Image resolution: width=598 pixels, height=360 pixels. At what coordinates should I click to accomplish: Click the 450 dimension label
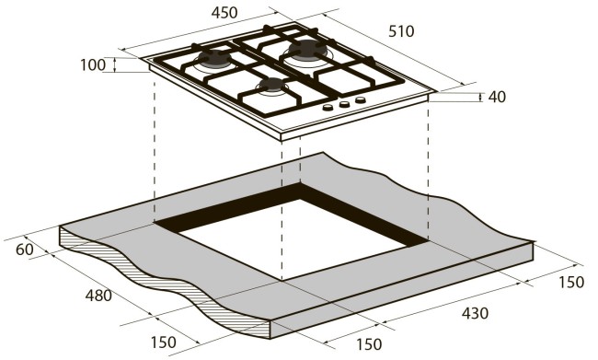[x=223, y=13]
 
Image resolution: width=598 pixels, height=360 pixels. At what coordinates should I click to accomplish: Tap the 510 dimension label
[x=400, y=31]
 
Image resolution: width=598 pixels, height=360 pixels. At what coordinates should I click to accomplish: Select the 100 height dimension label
[x=93, y=65]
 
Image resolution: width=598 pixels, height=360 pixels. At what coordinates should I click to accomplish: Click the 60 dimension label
[x=24, y=250]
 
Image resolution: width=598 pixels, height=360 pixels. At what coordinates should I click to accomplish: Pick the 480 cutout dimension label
[x=98, y=296]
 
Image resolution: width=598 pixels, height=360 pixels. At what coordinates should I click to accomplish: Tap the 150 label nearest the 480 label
[x=163, y=343]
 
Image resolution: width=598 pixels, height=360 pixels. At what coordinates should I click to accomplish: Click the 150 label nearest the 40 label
[x=569, y=282]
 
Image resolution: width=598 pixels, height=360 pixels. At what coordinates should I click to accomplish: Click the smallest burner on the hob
[x=271, y=87]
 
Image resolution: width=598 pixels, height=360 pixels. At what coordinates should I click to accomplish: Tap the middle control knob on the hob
[x=344, y=105]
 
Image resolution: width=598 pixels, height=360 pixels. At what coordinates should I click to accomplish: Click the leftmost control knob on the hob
[x=327, y=110]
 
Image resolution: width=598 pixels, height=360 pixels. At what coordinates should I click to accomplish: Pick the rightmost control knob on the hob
[x=361, y=100]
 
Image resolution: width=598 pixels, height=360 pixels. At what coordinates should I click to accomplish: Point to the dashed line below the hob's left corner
[x=154, y=147]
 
